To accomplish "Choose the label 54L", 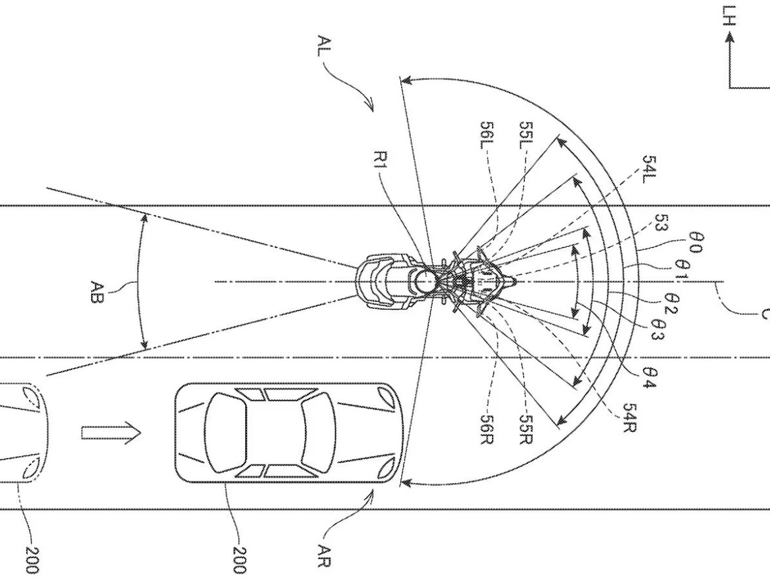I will [x=647, y=169].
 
